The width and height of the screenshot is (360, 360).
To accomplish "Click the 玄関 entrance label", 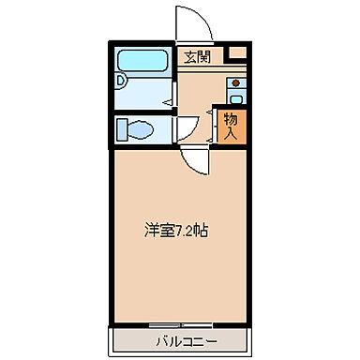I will tap(197, 55).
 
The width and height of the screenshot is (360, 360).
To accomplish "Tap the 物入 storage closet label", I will tap(231, 126).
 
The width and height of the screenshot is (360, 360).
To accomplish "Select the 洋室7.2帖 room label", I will tap(175, 229).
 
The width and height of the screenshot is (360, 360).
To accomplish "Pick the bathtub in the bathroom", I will tap(142, 62).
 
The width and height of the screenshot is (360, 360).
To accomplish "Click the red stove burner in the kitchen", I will tap(234, 82).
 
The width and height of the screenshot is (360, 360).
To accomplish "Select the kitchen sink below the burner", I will tap(235, 97).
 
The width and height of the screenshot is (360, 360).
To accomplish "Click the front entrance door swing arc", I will tap(187, 23).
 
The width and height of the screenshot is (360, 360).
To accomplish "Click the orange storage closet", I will tap(231, 126).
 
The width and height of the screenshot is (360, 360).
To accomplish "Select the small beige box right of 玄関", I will tap(238, 53).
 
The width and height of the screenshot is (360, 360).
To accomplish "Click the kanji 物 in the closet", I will tap(231, 118).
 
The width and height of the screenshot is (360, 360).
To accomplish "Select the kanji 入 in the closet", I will tap(231, 133).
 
